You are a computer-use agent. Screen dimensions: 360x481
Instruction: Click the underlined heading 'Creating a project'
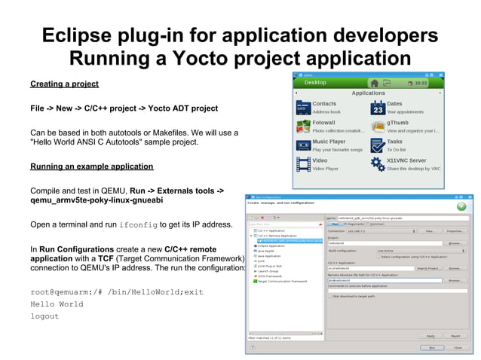(64, 84)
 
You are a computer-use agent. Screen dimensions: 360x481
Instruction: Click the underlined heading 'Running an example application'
(91, 166)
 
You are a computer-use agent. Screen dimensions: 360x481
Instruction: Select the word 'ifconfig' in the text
(139, 224)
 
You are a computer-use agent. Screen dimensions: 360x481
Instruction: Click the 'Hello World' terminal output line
(57, 304)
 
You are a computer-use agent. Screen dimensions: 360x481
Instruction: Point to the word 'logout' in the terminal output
(44, 316)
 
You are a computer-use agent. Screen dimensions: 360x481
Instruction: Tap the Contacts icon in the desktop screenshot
(303, 108)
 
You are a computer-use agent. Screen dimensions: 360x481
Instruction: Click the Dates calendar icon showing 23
(377, 108)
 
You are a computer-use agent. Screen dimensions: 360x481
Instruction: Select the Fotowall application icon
(303, 127)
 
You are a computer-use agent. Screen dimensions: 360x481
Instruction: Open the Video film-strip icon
(303, 164)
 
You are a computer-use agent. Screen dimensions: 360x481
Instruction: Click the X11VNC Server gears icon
(377, 164)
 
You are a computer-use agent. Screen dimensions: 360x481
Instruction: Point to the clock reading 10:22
(421, 82)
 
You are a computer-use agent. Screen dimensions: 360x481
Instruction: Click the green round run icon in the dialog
(461, 206)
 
